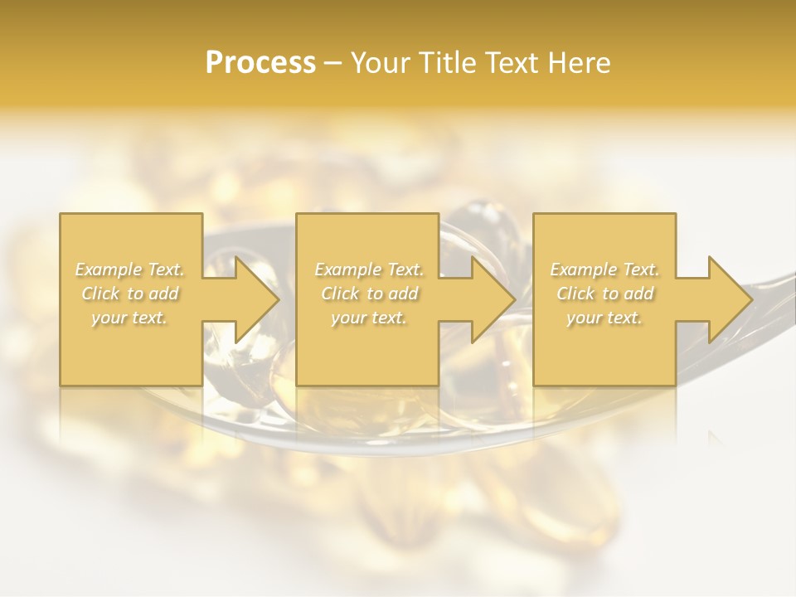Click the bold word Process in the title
260,63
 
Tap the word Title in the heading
446,63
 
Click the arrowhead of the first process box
254,299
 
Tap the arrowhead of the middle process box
490,299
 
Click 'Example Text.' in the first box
130,269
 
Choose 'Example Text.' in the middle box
369,269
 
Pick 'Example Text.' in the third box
604,269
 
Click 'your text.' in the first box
129,318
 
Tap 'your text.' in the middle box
368,318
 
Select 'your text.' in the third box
604,318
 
